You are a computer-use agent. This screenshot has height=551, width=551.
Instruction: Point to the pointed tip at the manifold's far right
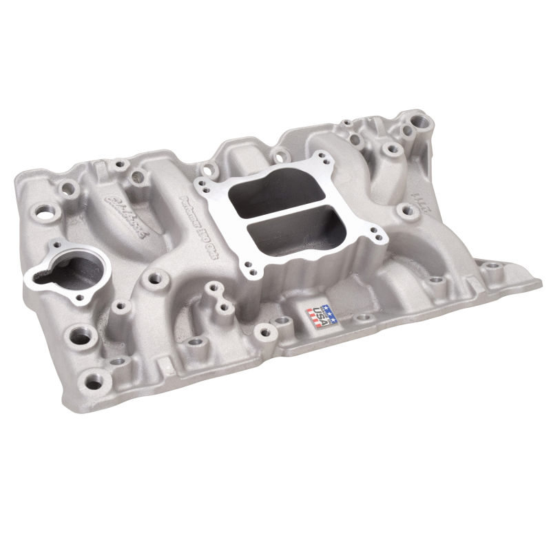click(538, 281)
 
